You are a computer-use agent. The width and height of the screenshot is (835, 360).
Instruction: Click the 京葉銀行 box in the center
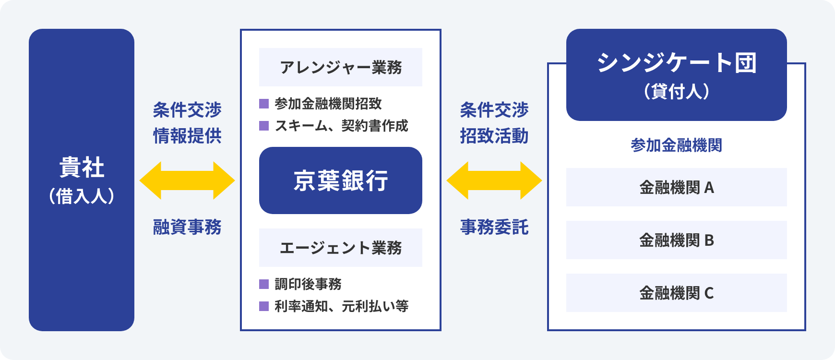point(341,180)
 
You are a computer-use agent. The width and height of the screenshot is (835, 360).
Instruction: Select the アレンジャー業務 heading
point(341,67)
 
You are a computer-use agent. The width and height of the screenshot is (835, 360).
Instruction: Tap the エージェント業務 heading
point(341,248)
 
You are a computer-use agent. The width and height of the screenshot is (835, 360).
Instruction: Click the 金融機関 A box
point(677,187)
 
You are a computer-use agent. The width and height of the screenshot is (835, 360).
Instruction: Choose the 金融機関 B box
point(677,240)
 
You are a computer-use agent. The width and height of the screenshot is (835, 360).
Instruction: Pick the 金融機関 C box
point(677,293)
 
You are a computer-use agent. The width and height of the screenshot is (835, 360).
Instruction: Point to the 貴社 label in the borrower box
point(82,168)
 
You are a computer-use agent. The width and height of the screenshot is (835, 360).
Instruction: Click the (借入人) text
point(82,196)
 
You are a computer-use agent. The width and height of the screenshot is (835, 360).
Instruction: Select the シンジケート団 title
point(677,62)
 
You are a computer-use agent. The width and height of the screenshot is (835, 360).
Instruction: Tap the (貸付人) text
point(677,91)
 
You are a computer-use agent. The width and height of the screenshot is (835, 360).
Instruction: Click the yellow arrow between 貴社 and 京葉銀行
point(187,180)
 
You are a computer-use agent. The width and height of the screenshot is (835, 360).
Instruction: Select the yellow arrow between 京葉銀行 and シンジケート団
point(494,180)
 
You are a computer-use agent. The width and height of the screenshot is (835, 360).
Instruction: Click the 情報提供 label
point(187,136)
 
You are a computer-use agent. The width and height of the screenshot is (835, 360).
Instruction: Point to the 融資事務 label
point(187,227)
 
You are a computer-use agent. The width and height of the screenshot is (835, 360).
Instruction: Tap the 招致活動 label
point(494,136)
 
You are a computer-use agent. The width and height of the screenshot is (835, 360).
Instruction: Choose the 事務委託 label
point(494,227)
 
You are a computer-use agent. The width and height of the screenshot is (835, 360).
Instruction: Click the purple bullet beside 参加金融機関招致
point(264,104)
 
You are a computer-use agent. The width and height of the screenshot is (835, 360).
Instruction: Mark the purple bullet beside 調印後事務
point(264,284)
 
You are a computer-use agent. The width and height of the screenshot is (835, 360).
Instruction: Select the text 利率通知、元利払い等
point(342,306)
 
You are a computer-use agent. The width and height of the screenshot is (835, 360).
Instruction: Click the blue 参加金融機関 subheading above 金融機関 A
point(677,145)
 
